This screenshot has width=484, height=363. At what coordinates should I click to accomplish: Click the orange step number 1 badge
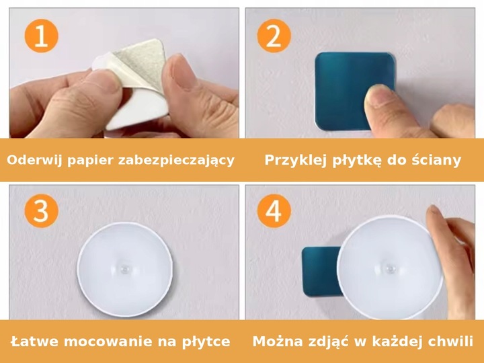42,36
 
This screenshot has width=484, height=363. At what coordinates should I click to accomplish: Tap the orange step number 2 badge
274,36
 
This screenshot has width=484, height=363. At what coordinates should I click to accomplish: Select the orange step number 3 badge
42,211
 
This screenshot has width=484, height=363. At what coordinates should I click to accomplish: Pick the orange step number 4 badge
274,211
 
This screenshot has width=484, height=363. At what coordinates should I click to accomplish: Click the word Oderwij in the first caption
35,160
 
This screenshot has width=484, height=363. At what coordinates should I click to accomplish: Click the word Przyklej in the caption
295,161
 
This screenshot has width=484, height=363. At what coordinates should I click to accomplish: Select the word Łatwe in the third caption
34,341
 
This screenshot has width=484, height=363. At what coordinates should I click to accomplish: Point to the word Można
278,341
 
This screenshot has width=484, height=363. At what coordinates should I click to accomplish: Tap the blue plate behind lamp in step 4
321,272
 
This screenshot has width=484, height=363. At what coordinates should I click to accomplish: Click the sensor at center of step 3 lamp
124,269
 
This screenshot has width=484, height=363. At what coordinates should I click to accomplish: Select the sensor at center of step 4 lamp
390,269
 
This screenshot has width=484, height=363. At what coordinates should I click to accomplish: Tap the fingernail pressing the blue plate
378,93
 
